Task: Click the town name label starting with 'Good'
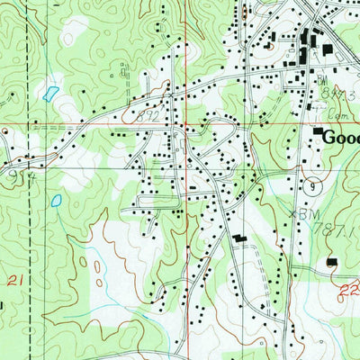340,138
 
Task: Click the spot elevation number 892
149,116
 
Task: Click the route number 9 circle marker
311,186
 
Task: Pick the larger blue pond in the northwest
49,92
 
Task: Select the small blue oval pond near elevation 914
57,201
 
